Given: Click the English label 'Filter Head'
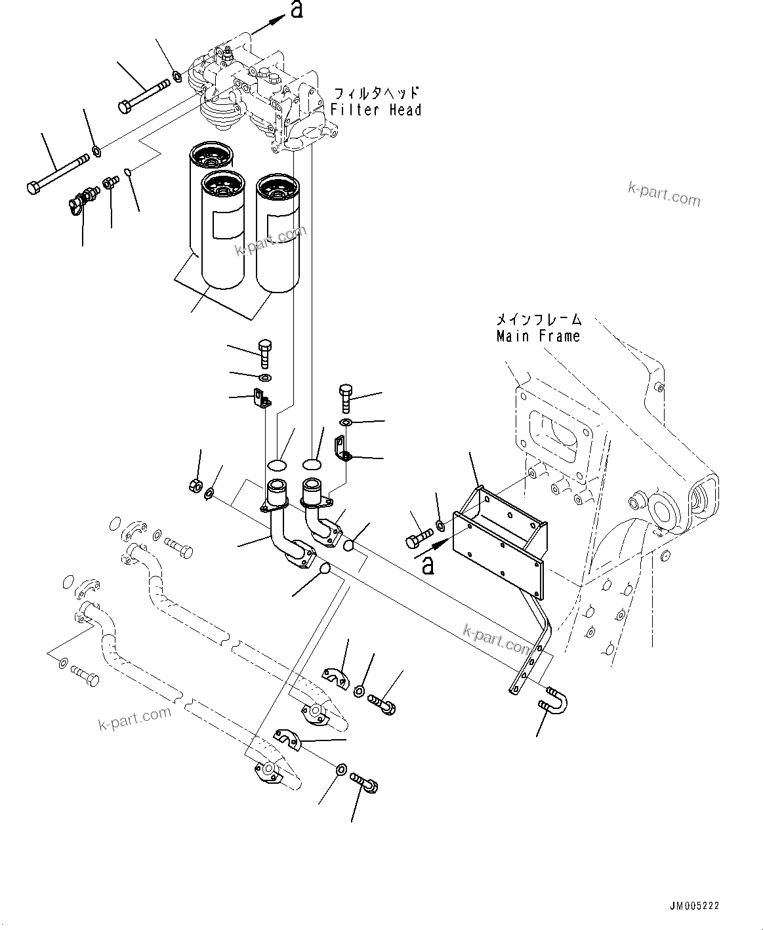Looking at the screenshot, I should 375,110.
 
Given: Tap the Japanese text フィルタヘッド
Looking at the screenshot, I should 375,93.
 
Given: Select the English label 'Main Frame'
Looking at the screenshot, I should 538,336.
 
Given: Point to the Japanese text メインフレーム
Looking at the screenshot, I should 538,320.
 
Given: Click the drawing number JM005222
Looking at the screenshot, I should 694,906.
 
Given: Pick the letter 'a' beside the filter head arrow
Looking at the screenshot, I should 297,10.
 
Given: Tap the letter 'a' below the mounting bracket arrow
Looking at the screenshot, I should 428,564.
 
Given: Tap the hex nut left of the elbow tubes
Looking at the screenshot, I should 194,485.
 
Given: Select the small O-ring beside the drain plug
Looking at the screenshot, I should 130,172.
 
